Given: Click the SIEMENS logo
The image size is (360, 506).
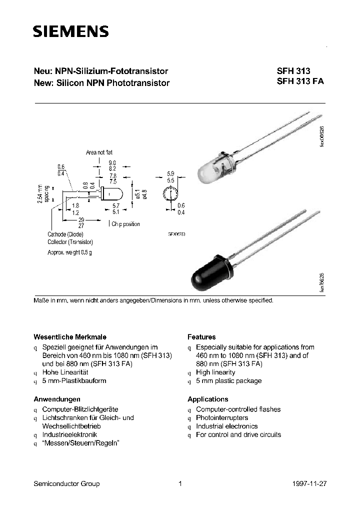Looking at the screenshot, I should pyautogui.click(x=70, y=32).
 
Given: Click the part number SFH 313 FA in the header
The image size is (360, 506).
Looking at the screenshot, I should pyautogui.click(x=300, y=83).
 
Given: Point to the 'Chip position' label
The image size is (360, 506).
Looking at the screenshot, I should pyautogui.click(x=125, y=224).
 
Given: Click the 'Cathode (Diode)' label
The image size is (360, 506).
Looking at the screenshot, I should pyautogui.click(x=65, y=234).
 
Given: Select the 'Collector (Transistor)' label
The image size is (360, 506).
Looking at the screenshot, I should pyautogui.click(x=70, y=242).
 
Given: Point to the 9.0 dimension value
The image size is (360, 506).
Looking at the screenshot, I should pyautogui.click(x=112, y=163).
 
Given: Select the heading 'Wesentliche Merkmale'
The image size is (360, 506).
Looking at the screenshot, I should pyautogui.click(x=69, y=337).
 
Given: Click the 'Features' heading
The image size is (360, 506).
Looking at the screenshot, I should pyautogui.click(x=201, y=337).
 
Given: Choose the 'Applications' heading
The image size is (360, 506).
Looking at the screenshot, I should pyautogui.click(x=207, y=399).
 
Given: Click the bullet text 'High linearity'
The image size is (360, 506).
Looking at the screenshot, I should pyautogui.click(x=215, y=372).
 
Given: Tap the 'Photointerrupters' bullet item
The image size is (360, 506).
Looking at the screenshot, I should pyautogui.click(x=222, y=417).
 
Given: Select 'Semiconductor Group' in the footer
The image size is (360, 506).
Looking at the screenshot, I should pyautogui.click(x=66, y=483).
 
